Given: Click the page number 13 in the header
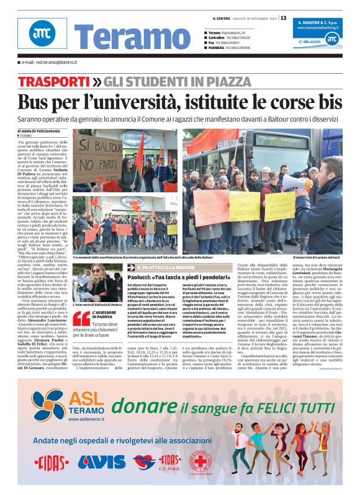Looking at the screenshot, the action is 284,18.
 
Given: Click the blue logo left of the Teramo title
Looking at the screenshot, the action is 37,38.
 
